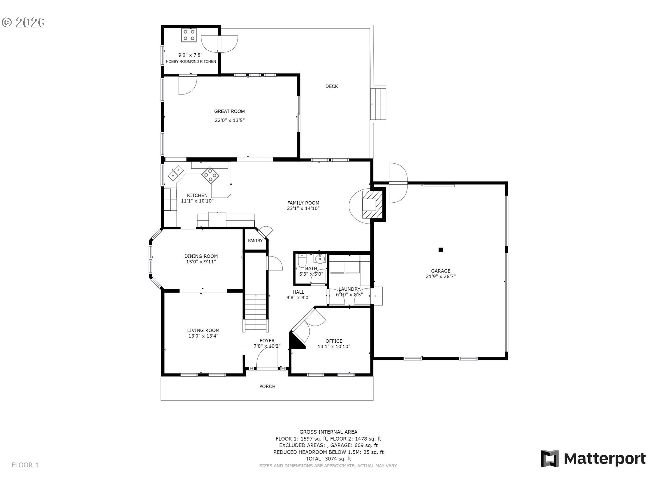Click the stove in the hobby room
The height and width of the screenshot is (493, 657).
point(189,35)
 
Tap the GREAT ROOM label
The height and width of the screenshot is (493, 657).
point(229,111)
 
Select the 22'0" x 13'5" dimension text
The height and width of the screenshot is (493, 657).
point(229,120)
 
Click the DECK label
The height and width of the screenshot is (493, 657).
point(331,86)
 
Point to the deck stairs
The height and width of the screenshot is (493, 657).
point(378,104)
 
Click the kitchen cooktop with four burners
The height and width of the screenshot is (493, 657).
point(210,175)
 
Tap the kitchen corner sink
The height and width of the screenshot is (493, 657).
point(176,172)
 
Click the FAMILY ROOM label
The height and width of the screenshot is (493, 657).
point(303,203)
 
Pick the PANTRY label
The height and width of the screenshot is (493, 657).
point(255,241)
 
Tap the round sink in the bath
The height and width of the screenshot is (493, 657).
point(319,258)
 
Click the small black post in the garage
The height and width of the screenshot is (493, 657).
point(441,250)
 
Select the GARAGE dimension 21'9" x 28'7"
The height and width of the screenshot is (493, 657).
point(440,277)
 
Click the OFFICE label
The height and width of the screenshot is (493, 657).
point(334,341)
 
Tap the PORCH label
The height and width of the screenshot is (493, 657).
point(267,387)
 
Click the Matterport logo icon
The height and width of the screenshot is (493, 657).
point(550,458)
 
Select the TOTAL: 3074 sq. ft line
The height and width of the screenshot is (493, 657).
point(328,459)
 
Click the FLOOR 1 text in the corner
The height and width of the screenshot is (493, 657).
point(25,465)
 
